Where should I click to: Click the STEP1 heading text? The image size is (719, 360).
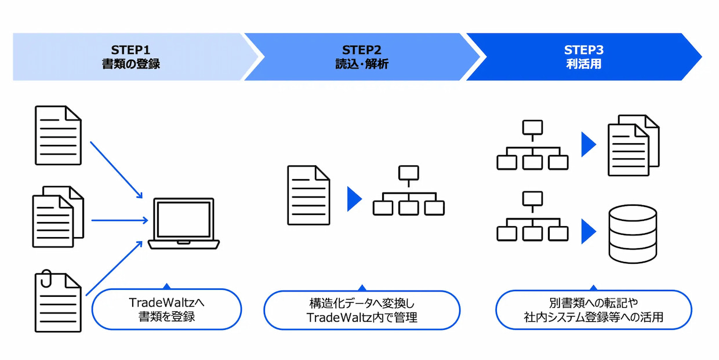pyautogui.click(x=130, y=50)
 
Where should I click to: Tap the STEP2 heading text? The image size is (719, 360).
pyautogui.click(x=361, y=50)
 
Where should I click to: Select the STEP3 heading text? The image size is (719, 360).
pyautogui.click(x=583, y=50)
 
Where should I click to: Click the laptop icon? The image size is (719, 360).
pyautogui.click(x=184, y=224)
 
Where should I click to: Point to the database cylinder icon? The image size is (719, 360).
pyautogui.click(x=633, y=234)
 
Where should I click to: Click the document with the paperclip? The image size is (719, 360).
pyautogui.click(x=58, y=301)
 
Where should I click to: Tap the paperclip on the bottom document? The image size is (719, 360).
pyautogui.click(x=46, y=278)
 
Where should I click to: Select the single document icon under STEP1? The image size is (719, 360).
pyautogui.click(x=58, y=136)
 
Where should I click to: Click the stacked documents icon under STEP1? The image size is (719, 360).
pyautogui.click(x=58, y=217)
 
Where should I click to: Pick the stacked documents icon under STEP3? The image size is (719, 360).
pyautogui.click(x=634, y=146)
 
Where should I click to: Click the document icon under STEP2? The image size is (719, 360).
pyautogui.click(x=308, y=195)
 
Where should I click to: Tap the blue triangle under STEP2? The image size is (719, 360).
pyautogui.click(x=354, y=199)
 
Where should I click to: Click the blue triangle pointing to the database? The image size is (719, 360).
pyautogui.click(x=589, y=231)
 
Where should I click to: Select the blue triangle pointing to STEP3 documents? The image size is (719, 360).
pyautogui.click(x=589, y=145)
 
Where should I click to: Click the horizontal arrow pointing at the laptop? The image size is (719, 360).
pyautogui.click(x=119, y=220)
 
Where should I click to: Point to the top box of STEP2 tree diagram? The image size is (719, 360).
pyautogui.click(x=409, y=173)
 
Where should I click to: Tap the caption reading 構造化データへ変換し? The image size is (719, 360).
pyautogui.click(x=362, y=303)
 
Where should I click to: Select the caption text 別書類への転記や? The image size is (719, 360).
pyautogui.click(x=593, y=303)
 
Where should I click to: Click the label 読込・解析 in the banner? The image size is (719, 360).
pyautogui.click(x=362, y=64)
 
